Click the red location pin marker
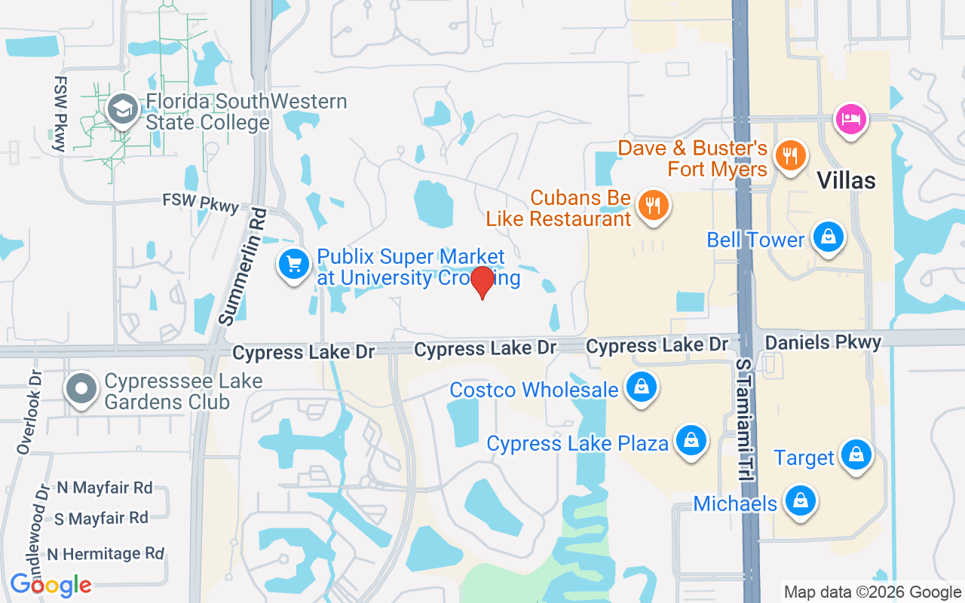[482, 281]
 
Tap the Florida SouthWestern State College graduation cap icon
[121, 110]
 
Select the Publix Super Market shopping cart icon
[294, 265]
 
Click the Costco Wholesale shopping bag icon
[641, 388]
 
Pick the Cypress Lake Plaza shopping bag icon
[690, 441]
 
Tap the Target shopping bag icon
[856, 455]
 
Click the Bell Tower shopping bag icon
[828, 237]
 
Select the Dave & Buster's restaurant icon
[790, 156]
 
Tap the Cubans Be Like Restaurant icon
[652, 204]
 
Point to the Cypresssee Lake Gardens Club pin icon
[81, 390]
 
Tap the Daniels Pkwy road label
[823, 343]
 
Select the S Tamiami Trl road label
[745, 415]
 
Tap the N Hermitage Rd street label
[105, 554]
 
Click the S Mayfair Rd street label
[101, 519]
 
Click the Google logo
[51, 584]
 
